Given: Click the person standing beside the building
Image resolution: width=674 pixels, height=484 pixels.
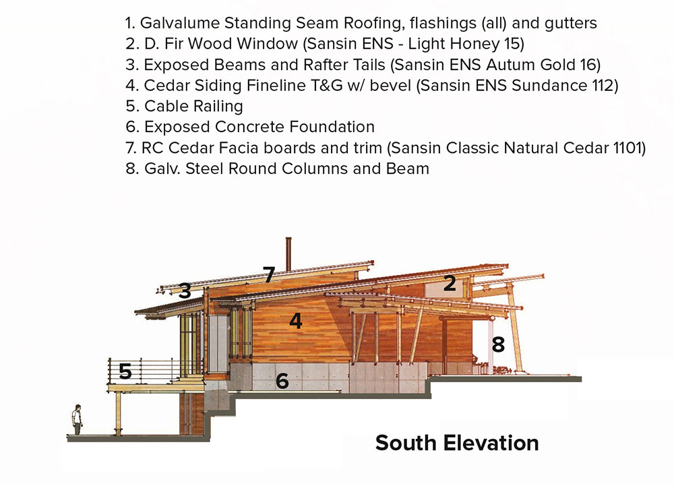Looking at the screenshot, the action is click(x=77, y=419).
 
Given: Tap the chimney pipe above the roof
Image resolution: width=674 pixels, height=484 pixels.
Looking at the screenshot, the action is click(x=288, y=253).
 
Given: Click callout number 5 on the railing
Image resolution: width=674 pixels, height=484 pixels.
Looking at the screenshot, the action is click(x=125, y=371).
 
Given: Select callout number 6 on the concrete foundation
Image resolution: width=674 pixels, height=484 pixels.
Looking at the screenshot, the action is click(x=282, y=381).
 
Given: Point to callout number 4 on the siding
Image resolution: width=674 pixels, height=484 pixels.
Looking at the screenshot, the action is click(x=296, y=321).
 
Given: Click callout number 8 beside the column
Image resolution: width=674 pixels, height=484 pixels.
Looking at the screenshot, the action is click(x=498, y=344).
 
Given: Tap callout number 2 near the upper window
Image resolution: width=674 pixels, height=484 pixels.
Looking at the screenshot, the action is click(x=450, y=283).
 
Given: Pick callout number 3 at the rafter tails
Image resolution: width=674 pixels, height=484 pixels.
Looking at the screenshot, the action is click(x=185, y=291).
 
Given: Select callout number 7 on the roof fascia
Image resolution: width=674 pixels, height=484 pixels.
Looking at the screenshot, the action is click(x=269, y=274).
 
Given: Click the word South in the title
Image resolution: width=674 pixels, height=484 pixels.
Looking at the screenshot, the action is click(x=406, y=443).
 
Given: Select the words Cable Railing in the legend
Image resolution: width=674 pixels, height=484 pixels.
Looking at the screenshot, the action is click(x=193, y=107).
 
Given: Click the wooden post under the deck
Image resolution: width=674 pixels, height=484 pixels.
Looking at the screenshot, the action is click(x=118, y=413).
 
